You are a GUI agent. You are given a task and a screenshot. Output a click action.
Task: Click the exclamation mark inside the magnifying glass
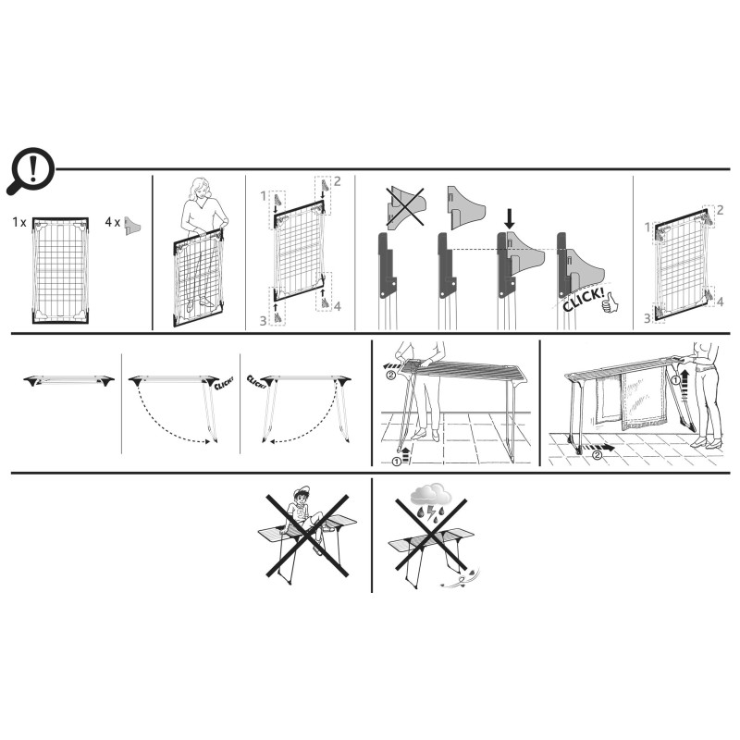pos(32,169)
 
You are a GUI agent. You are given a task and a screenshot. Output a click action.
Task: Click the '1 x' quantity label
pos(19,222)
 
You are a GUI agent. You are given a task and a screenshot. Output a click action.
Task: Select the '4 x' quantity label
pos(112,222)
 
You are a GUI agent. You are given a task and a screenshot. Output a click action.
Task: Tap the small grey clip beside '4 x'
pos(132,226)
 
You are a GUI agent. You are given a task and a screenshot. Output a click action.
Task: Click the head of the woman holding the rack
pos(199,189)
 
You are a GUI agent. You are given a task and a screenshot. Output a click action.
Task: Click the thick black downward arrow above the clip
pos(509,219)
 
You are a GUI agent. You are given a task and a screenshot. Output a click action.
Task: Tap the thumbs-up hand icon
pos(610,302)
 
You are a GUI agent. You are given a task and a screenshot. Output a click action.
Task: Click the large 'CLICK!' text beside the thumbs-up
pos(584,300)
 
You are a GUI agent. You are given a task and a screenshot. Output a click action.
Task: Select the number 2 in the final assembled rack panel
pos(720,210)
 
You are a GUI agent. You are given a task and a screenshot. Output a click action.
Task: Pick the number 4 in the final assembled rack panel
pos(720,302)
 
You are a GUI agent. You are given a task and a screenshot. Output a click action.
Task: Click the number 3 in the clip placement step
pos(263,321)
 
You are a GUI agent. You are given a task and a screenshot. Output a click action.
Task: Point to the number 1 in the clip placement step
pos(264,196)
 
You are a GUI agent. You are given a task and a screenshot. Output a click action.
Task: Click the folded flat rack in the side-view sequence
pos(68,380)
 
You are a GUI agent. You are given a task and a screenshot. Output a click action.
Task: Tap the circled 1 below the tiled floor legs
pos(397,461)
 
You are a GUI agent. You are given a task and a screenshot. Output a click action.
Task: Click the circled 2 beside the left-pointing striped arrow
pos(390,376)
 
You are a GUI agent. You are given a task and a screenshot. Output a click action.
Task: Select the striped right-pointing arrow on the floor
pos(598,447)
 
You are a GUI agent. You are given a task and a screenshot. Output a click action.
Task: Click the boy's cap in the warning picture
pos(301,492)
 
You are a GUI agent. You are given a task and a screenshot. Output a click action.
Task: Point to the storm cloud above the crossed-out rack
pos(430,494)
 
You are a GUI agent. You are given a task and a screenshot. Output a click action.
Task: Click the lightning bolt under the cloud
pos(432,512)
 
